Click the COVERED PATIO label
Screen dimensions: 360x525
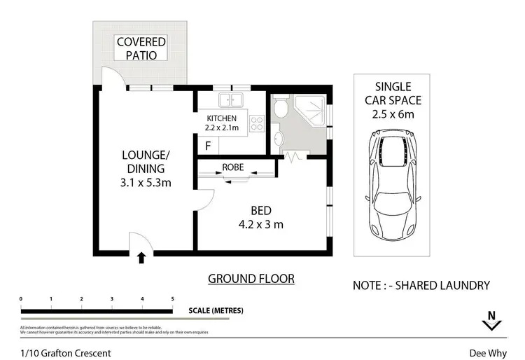pyautogui.click(x=141, y=48)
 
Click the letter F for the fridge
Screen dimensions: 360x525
pyautogui.click(x=208, y=146)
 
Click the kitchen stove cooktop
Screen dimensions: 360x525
pyautogui.click(x=256, y=124)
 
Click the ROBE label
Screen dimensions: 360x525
pyautogui.click(x=233, y=167)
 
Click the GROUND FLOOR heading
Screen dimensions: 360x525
pyautogui.click(x=251, y=279)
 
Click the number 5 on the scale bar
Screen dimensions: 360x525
pyautogui.click(x=172, y=299)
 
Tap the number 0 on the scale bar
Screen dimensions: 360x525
pyautogui.click(x=21, y=299)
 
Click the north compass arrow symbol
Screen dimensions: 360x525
pyautogui.click(x=492, y=321)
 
